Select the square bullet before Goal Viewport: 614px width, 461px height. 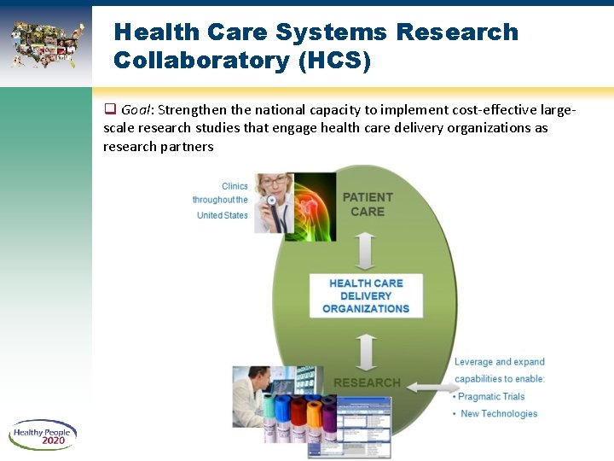click(109, 109)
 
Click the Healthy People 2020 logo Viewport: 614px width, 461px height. click(43, 435)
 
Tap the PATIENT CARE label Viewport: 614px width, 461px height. click(368, 204)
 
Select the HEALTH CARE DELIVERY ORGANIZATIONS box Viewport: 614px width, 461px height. click(366, 295)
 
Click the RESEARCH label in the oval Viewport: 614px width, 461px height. click(367, 382)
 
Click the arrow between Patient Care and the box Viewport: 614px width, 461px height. click(367, 252)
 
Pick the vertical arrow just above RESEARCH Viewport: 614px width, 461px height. click(367, 351)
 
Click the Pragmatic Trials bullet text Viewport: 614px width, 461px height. click(491, 396)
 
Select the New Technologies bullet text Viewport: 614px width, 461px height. click(499, 414)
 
